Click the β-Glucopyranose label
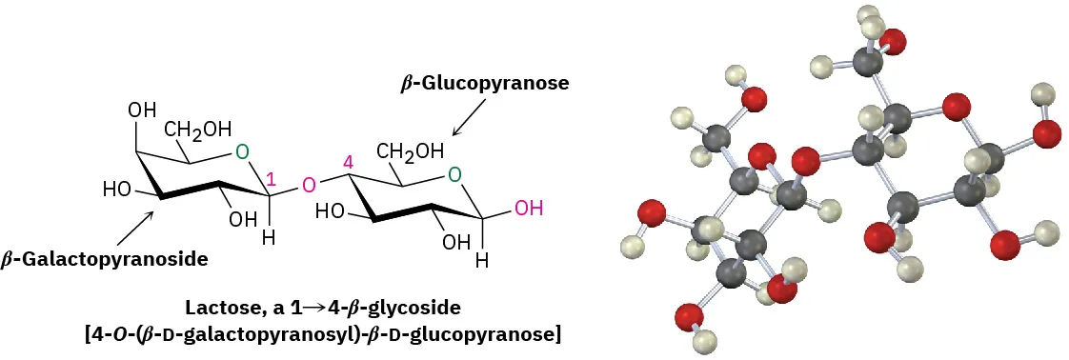[484, 84]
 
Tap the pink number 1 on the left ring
[272, 178]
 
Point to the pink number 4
[348, 163]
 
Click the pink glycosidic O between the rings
[307, 184]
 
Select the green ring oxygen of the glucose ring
[455, 174]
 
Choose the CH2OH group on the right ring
[410, 150]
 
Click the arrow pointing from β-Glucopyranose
[466, 121]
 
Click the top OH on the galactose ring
[142, 110]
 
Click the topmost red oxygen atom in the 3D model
[893, 42]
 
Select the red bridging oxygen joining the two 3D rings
[805, 157]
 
